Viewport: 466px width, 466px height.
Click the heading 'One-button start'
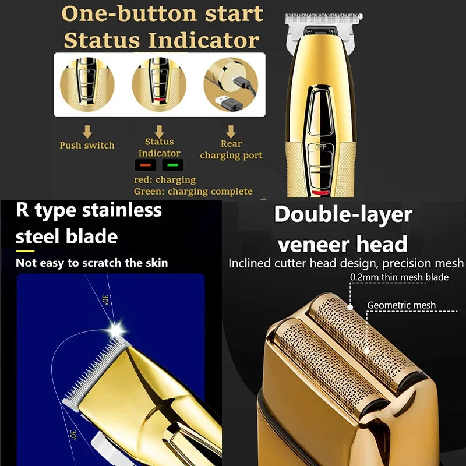coord(162,14)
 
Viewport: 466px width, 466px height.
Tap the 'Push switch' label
coord(87,145)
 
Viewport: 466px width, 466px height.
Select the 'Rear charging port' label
coord(231,150)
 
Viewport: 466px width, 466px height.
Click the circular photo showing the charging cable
coord(231,86)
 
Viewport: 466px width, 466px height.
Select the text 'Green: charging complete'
coord(193,191)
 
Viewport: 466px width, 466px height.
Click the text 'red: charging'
coord(165,180)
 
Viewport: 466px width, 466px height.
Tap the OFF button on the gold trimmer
coord(320,147)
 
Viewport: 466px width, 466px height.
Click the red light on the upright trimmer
coord(320,192)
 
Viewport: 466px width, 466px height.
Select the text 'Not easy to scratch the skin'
coord(92,263)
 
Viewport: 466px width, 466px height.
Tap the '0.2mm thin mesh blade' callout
coord(399,277)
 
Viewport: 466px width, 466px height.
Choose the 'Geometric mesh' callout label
coord(401,305)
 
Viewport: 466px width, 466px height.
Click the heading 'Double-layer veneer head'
coord(343,228)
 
